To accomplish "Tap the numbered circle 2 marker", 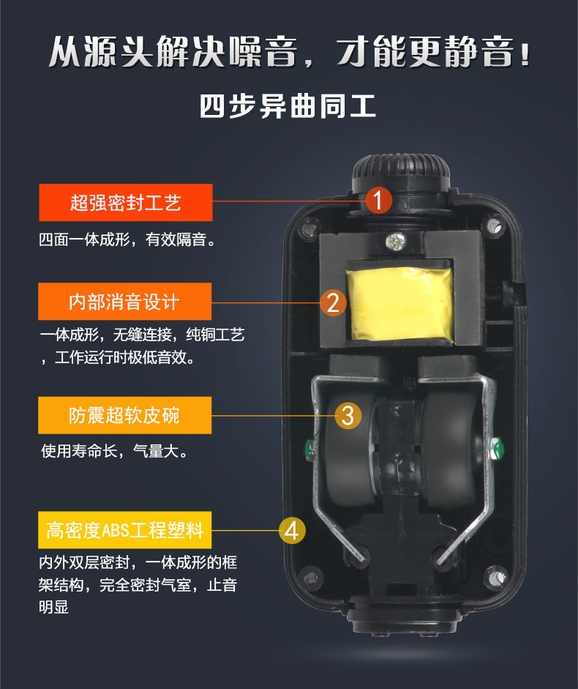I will (333, 302).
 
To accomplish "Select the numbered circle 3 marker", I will (348, 415).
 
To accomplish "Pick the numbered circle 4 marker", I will (292, 530).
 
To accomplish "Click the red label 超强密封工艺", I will (125, 203).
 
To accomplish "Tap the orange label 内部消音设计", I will (124, 302).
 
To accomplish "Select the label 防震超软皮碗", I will (124, 416).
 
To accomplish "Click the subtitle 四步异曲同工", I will (288, 106).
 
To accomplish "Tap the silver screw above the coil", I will (399, 238).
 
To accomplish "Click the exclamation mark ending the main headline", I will (524, 53).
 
